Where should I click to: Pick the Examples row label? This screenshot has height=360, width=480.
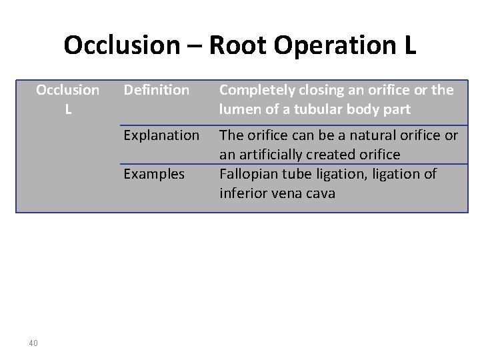(x=154, y=173)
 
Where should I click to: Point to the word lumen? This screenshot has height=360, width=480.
(x=239, y=109)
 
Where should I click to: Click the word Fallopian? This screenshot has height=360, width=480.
(x=248, y=175)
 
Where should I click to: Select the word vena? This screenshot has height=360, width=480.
(x=288, y=193)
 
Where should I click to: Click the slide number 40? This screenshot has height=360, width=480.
(x=33, y=343)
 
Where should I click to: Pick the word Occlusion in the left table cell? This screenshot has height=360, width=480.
(x=67, y=89)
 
